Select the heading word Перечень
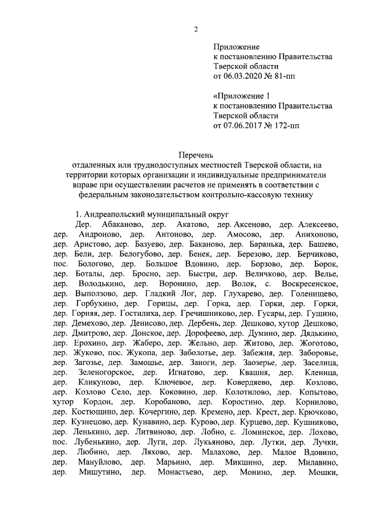point(195,154)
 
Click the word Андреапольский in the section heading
point(111,214)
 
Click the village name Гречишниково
point(204,313)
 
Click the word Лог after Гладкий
point(186,293)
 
